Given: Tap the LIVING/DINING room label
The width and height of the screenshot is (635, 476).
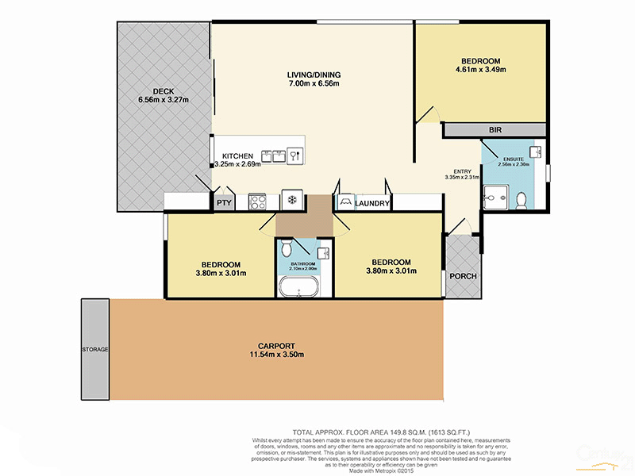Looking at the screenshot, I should coord(313,75).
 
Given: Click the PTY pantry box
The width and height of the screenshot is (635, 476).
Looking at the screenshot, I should coord(224,202).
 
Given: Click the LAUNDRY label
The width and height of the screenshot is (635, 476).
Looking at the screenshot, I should coord(373,204).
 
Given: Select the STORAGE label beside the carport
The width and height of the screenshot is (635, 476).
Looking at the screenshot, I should coord(94,349).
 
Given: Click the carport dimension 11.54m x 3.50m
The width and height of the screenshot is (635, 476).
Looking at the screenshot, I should coord(276,355).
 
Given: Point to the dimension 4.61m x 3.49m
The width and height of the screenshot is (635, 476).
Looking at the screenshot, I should coord(481,70).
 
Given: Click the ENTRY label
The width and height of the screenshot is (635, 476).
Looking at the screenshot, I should coord(462,171).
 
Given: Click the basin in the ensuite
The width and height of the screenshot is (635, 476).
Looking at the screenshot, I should coord(536,151).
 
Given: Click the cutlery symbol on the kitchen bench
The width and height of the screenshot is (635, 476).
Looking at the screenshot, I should coord(294,155).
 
